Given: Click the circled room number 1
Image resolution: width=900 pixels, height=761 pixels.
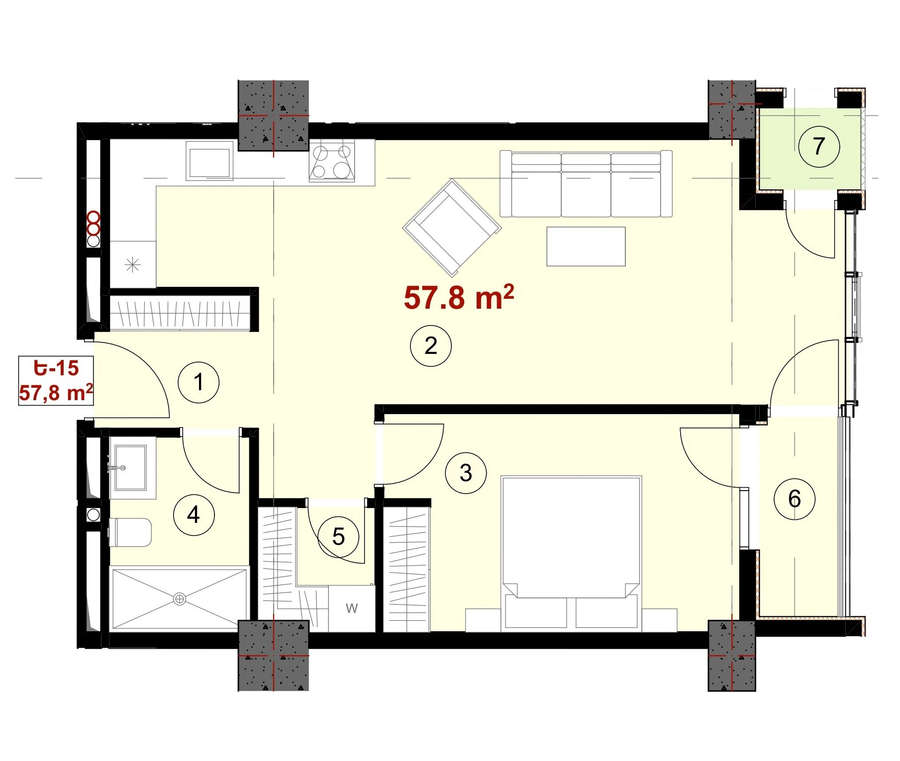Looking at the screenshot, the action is pos(199,382).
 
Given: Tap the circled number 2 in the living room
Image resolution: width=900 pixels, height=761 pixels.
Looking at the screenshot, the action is pos(431,346).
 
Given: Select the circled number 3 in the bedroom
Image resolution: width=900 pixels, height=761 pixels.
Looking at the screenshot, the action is pos(466,473).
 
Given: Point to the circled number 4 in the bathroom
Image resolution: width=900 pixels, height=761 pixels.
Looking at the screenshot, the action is pos(194,514).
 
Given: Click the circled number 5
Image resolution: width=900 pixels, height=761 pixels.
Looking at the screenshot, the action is pos(338,537).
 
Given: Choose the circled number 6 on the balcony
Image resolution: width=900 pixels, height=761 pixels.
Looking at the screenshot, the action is pos(795,499).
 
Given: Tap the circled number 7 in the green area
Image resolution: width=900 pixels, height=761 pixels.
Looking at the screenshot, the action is pos(819,147).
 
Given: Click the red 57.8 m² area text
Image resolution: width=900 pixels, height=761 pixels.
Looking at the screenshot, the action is pos(459,297).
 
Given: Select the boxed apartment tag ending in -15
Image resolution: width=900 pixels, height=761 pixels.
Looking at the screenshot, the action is pos(56,381).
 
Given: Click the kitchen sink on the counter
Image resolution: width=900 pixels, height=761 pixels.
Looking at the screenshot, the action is pos(209,161).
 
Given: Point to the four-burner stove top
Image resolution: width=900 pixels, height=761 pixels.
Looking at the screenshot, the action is pos(332,161).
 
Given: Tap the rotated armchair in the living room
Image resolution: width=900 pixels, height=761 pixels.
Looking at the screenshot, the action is pos(452,228).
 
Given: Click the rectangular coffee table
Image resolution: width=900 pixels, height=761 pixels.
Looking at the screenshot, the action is pos(586,247).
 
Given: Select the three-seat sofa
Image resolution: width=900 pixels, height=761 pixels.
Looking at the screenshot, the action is pos(586,184).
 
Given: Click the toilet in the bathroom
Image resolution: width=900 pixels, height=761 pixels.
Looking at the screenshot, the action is pos(130,532).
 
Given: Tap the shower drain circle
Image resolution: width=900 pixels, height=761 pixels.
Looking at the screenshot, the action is pos(180,599).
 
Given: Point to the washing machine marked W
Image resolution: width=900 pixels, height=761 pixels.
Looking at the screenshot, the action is pos(352,608).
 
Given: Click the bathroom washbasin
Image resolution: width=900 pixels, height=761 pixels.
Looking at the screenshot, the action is pos(130,468).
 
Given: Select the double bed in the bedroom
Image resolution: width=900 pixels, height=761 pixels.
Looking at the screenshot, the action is pos(571,552).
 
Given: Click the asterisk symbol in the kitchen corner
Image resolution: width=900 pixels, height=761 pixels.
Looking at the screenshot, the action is pos(132,265).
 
